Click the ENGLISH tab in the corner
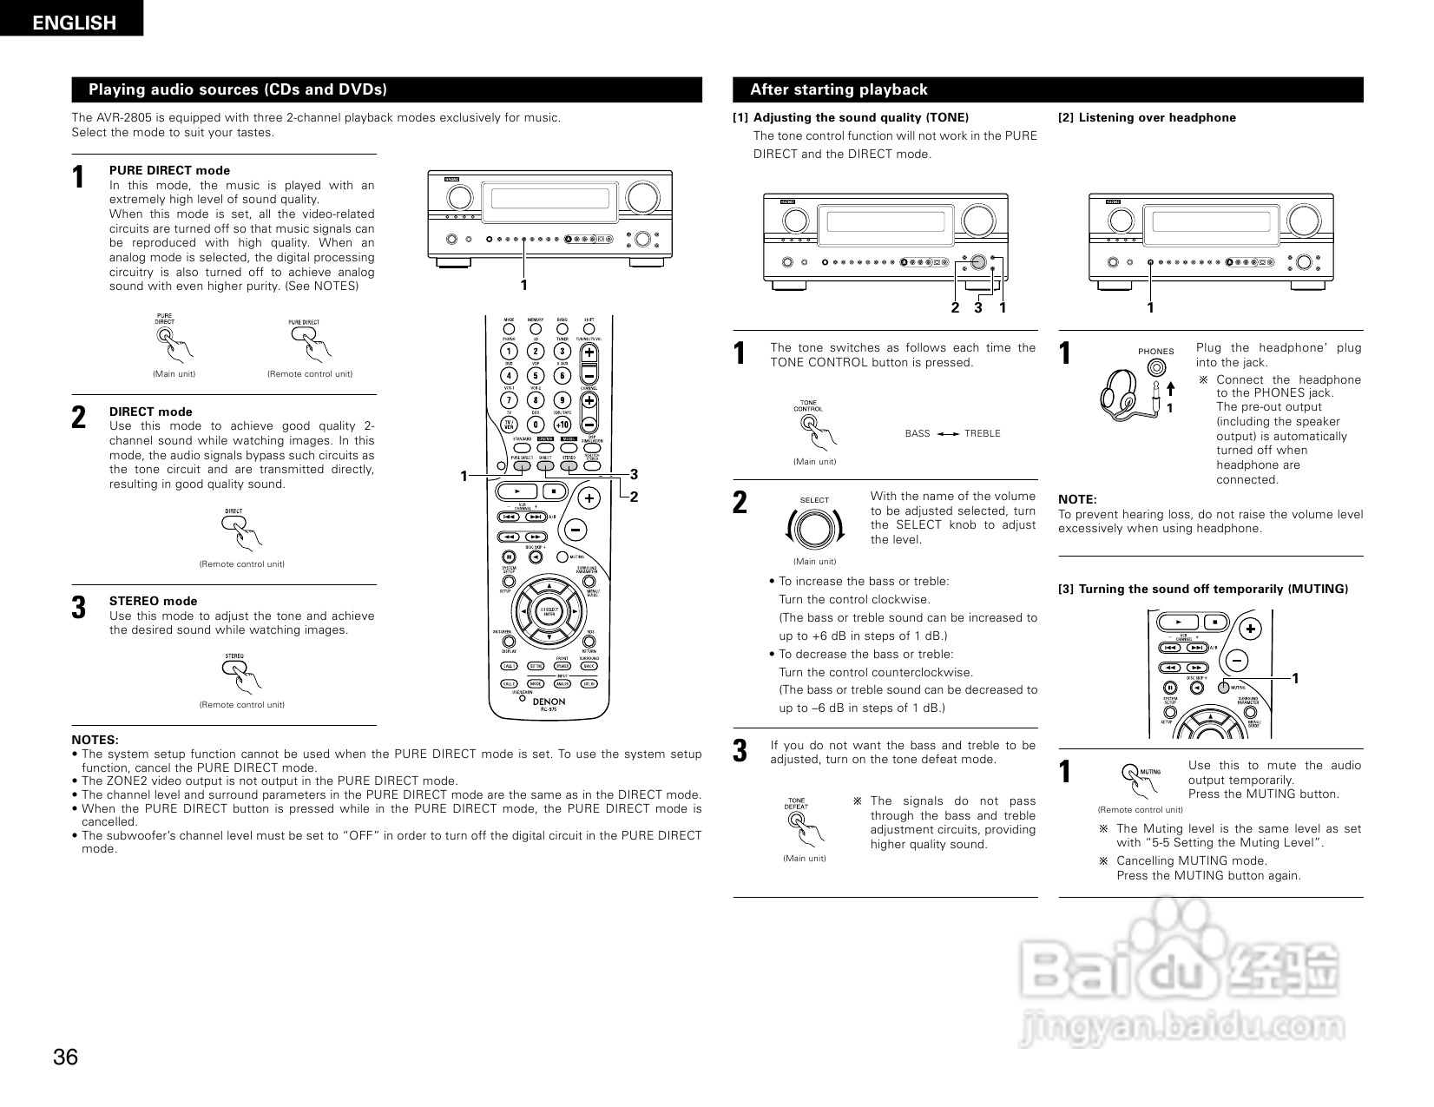[x=73, y=23]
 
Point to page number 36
[x=66, y=1058]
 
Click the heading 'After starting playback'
[x=839, y=89]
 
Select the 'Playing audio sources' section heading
[x=238, y=89]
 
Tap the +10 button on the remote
[x=562, y=425]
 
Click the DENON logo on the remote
[x=549, y=701]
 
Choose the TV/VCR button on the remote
[x=510, y=425]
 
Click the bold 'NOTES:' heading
[x=95, y=740]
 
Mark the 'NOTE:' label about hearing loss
[x=1077, y=499]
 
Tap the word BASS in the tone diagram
[x=918, y=433]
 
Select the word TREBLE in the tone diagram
[x=982, y=433]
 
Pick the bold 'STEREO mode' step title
[x=153, y=601]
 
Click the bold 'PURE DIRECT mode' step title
[x=169, y=170]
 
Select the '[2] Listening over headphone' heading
[x=1147, y=118]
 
